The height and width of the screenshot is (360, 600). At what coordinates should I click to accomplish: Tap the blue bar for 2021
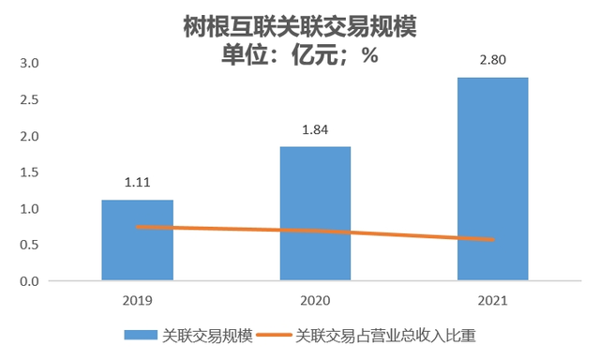coord(492,178)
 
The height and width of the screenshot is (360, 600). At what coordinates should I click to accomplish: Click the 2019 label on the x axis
coord(138,301)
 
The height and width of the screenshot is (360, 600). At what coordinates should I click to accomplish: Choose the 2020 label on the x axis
coord(315,301)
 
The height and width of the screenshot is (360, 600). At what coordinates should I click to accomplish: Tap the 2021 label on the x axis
coord(492,301)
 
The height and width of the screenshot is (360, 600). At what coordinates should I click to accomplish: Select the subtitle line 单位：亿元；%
coord(299,54)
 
